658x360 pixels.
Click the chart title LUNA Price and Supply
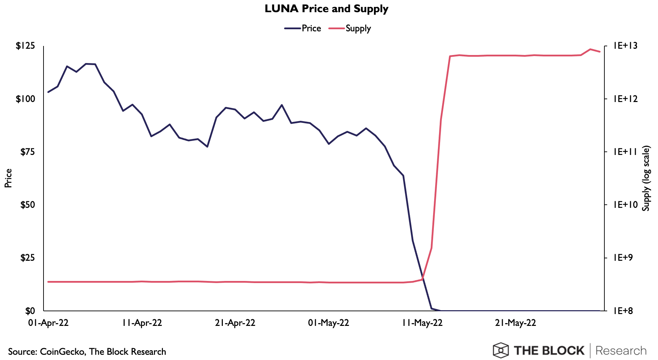(x=326, y=9)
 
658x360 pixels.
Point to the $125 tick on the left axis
(x=25, y=46)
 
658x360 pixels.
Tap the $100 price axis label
(x=25, y=99)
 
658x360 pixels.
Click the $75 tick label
(x=28, y=152)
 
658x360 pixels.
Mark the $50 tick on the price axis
(x=28, y=205)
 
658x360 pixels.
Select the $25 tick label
(x=28, y=258)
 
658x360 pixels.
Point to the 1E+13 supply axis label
(x=626, y=46)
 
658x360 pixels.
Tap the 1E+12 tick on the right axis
(x=626, y=99)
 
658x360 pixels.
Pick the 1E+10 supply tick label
(x=626, y=205)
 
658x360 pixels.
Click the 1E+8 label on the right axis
(x=624, y=311)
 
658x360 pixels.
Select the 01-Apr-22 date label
(x=48, y=323)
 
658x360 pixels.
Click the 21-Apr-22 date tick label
(x=235, y=323)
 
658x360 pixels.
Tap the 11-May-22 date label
(x=422, y=323)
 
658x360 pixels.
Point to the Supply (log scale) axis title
(x=646, y=178)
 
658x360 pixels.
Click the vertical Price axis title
(x=8, y=178)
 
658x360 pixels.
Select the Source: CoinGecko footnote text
(x=87, y=352)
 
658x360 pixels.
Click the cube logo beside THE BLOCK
(x=501, y=350)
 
